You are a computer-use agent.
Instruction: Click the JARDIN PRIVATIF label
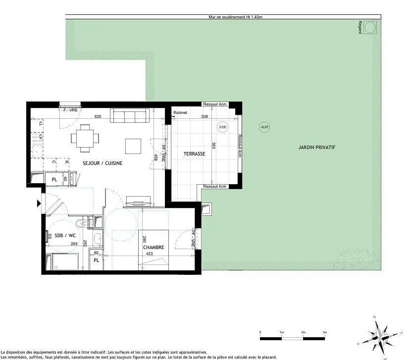coord(317,147)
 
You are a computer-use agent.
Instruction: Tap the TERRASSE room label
coord(194,154)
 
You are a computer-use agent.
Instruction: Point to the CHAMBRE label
coord(154,247)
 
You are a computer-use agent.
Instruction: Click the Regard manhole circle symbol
coord(370,29)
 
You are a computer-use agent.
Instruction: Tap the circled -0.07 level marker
coord(265,127)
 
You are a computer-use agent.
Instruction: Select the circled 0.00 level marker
coord(222,127)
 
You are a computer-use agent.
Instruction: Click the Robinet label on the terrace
coord(180,113)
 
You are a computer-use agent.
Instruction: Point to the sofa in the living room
coord(129,116)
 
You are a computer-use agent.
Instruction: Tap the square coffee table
coord(133,146)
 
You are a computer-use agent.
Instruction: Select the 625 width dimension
coord(98,116)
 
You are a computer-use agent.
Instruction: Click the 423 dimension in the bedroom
coord(149,254)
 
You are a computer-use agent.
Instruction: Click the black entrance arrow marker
coord(39,203)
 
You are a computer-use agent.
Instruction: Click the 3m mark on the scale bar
coord(325,332)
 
